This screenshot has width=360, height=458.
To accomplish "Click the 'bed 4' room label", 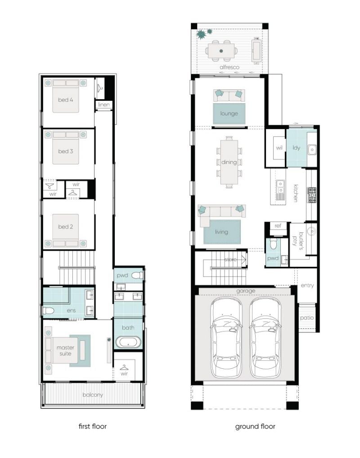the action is pos(65,100).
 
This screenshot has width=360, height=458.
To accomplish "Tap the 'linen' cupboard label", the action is pos(104,104).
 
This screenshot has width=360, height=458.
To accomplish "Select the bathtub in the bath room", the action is pos(128,342).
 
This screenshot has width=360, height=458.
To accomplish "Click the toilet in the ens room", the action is pos(49,310).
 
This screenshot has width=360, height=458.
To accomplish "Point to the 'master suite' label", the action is pos(65,350).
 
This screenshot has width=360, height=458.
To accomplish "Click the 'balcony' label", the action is pos(93,395).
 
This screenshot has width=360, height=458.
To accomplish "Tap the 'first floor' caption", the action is pos(93,426).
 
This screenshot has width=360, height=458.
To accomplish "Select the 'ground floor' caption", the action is pos(255,427).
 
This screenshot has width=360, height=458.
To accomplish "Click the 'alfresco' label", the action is pos(229,67).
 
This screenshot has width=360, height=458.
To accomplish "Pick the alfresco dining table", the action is pos(221,51).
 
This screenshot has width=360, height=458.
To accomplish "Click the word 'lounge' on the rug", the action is pos(229,113).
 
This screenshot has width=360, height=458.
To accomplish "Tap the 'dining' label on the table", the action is pos(229,162).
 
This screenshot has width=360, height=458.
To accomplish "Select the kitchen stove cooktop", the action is pos(311,195).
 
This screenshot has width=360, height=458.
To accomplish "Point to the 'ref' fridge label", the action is pos(278,226).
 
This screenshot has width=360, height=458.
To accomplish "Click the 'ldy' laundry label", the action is pos(297,148).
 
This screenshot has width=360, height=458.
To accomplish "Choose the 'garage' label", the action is pos(246,291).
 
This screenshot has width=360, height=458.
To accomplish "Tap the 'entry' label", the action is pos(307,286).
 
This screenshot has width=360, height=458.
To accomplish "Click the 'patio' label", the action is pos(307,318).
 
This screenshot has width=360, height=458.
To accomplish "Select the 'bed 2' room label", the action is pos(65,227).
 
